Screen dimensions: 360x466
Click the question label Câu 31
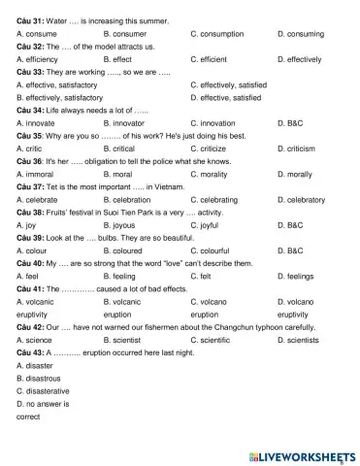(30, 20)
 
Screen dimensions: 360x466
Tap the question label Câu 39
(30, 238)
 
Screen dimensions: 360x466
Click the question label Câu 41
(30, 289)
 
